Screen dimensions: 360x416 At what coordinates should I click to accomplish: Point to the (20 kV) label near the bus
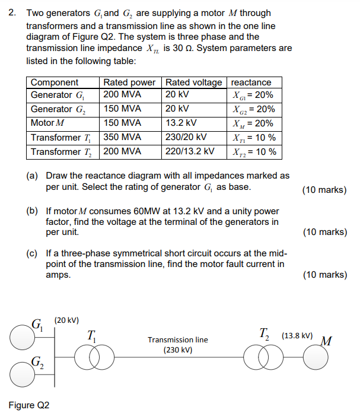click(x=67, y=320)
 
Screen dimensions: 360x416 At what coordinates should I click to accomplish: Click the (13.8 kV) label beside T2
click(x=298, y=335)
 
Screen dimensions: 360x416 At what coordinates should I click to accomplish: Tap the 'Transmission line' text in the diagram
click(x=178, y=340)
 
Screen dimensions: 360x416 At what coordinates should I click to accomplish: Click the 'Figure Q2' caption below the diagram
click(x=29, y=405)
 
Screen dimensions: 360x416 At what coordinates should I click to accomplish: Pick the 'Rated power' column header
click(x=129, y=82)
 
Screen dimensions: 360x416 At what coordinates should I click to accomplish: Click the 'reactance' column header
click(x=251, y=82)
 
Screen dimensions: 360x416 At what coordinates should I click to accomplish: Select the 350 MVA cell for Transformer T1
click(x=123, y=138)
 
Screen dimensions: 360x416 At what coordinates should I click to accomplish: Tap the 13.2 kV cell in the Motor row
click(x=181, y=123)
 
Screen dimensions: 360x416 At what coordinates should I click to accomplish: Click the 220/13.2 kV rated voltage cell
click(x=190, y=151)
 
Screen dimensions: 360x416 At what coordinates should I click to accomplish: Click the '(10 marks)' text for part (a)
click(x=324, y=190)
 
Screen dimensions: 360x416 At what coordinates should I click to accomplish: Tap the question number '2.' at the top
click(x=12, y=12)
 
